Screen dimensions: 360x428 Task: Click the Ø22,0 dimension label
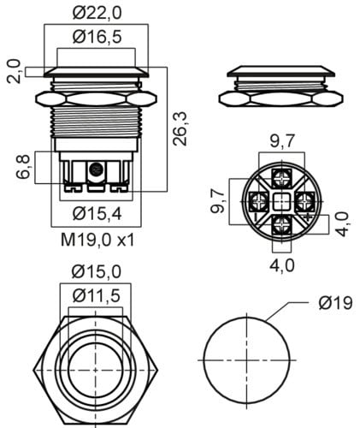(97, 13)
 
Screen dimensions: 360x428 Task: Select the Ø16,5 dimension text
(97, 37)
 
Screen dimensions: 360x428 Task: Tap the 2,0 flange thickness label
(14, 71)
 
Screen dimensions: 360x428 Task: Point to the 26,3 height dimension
(180, 129)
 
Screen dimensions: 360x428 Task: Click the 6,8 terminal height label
(23, 167)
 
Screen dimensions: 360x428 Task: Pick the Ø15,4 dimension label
(97, 214)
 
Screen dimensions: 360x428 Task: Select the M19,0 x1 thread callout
(97, 240)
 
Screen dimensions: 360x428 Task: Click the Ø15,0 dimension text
(97, 272)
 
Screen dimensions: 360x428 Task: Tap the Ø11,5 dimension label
(97, 296)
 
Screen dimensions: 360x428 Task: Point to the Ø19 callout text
(336, 303)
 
